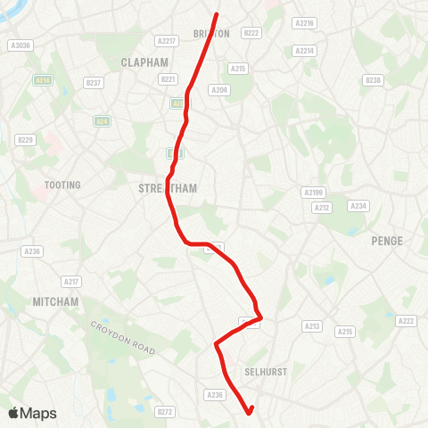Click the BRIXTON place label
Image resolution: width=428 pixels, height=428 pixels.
click(211, 33)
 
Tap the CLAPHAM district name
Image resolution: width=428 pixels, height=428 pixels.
click(144, 62)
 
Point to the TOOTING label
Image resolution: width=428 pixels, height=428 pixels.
click(62, 185)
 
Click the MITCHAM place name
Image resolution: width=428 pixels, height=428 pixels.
click(56, 301)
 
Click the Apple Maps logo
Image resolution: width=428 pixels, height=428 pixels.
click(32, 413)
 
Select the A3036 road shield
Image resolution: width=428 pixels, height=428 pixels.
click(19, 45)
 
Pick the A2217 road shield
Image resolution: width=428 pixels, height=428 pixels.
click(166, 40)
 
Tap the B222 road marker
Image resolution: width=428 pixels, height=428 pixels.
click(251, 33)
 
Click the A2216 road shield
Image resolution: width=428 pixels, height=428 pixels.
click(305, 23)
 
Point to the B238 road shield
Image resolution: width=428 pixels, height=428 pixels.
click(373, 80)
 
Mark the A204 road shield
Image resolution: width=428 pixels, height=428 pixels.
click(218, 89)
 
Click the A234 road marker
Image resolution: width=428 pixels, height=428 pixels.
click(358, 206)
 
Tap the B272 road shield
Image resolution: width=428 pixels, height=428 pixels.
click(165, 412)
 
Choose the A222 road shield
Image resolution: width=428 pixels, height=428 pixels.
click(407, 321)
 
